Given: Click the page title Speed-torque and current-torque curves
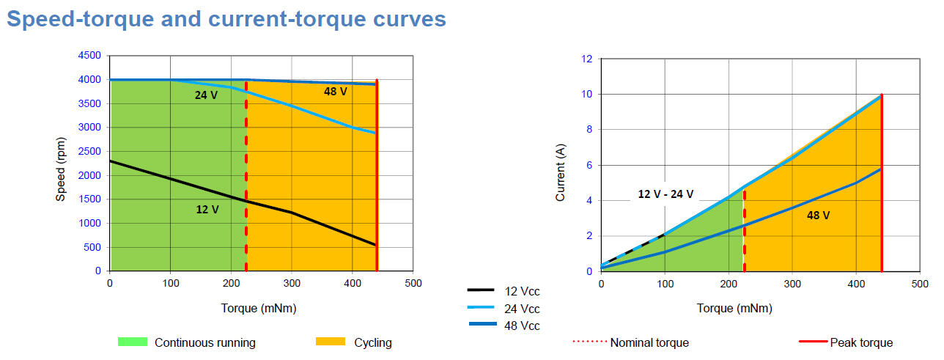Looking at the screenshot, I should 226,18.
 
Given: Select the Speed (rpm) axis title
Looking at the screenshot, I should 62,164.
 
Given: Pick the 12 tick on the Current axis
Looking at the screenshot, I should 586,59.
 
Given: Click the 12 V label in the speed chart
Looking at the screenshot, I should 207,209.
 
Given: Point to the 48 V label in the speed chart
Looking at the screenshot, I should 336,92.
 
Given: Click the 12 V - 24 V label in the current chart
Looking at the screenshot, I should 665,194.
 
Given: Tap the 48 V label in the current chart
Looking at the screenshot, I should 818,216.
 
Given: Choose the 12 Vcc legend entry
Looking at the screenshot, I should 522,292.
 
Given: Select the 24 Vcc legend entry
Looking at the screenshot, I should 522,309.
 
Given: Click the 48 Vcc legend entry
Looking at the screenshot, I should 522,326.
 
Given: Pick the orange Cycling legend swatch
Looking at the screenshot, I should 330,342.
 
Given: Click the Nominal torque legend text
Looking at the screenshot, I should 649,342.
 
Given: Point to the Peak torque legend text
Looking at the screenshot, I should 861,342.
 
